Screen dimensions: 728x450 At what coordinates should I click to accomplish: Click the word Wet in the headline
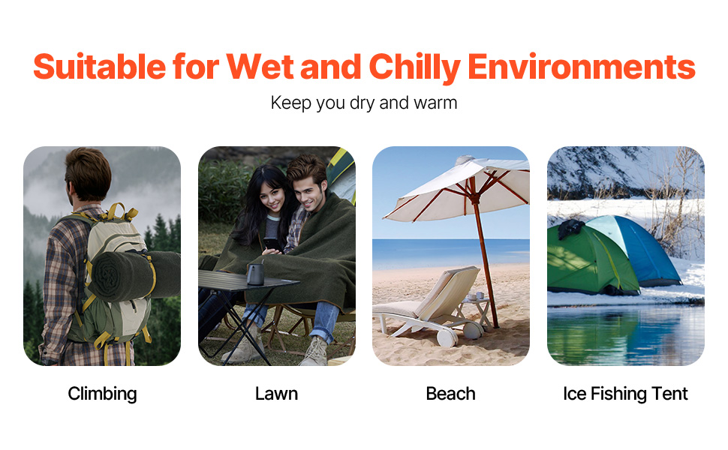(260, 66)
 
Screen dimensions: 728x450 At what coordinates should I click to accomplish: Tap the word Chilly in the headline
(414, 68)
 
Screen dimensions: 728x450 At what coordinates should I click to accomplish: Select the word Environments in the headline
(582, 66)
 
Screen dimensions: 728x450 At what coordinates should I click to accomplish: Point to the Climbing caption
(102, 394)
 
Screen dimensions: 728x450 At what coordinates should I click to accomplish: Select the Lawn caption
(276, 394)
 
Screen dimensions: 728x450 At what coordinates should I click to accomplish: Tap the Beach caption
(450, 394)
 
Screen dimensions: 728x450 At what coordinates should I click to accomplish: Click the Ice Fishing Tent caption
(625, 394)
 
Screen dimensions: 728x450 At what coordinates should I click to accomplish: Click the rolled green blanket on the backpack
(134, 274)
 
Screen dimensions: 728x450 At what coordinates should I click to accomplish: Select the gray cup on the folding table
(255, 273)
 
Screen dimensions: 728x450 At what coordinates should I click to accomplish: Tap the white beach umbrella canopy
(457, 187)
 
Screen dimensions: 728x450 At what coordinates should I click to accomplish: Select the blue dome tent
(636, 250)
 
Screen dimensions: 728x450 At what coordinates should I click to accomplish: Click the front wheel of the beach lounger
(447, 337)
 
